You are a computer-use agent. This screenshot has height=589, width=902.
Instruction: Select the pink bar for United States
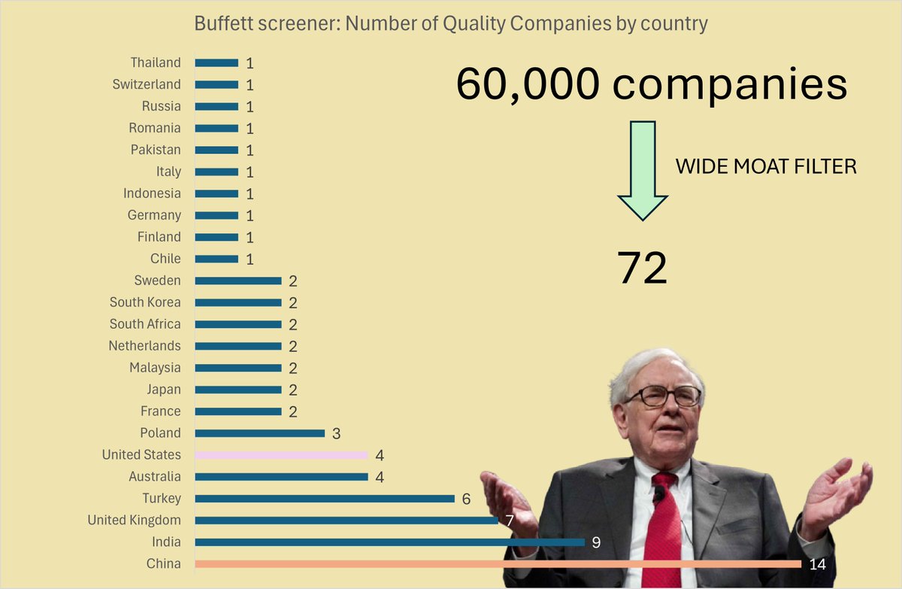(281, 455)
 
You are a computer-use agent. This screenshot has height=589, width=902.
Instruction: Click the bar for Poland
(259, 433)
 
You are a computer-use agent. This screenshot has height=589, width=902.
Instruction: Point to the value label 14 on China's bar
(817, 563)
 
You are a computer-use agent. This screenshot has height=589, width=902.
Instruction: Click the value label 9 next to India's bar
(596, 542)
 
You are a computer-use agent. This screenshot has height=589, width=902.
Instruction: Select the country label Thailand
(156, 62)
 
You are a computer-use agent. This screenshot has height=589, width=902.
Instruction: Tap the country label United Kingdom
(134, 520)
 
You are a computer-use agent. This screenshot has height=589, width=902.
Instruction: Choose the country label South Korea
(145, 302)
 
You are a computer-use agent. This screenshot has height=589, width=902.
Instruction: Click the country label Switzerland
(147, 84)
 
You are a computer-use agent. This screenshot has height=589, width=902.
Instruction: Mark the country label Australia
(154, 476)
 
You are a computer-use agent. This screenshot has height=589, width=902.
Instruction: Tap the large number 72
(642, 268)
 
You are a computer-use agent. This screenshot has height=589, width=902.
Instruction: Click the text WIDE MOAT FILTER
(766, 166)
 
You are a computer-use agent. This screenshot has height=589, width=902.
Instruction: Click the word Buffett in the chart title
(218, 24)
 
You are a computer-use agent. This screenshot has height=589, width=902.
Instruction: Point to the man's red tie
(663, 527)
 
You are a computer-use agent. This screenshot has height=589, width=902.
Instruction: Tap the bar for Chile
(216, 259)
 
